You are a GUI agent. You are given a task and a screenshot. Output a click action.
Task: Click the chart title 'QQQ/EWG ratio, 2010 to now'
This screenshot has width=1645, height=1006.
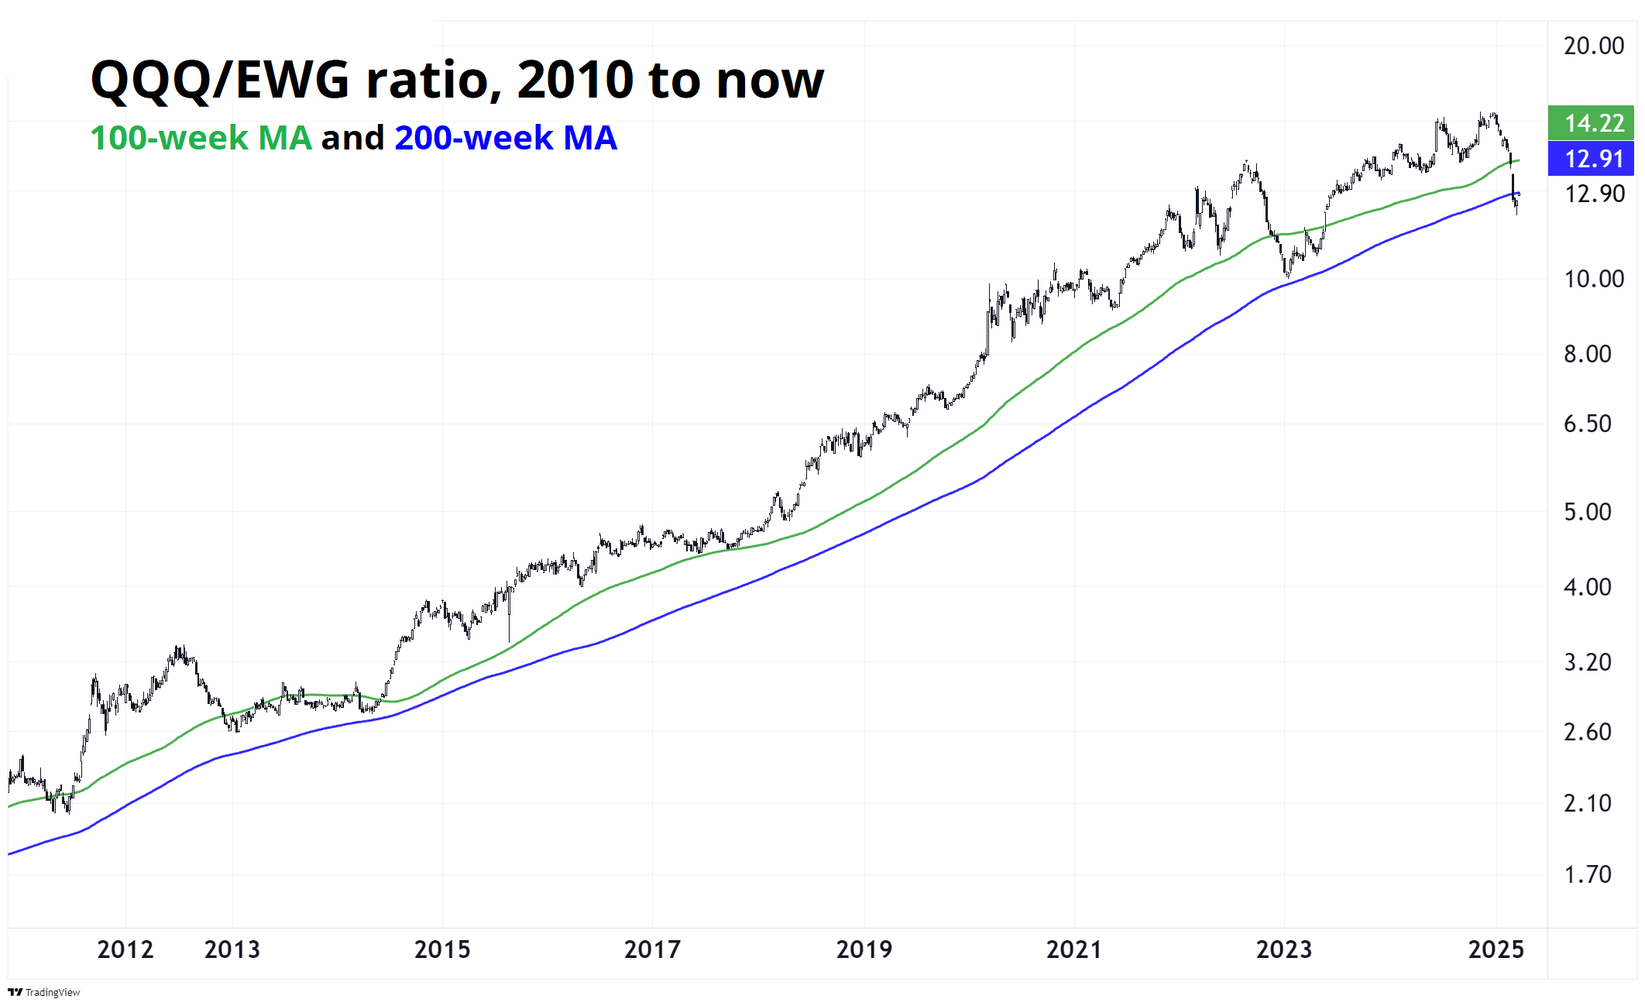457,80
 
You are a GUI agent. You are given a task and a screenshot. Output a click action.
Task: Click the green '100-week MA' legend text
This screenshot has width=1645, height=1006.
201,139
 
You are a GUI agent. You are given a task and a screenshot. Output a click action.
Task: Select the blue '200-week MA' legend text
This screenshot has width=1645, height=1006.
506,139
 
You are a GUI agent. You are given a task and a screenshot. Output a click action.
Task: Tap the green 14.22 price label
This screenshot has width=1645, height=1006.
1593,123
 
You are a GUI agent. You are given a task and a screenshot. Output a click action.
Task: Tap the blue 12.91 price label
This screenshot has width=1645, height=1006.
1593,159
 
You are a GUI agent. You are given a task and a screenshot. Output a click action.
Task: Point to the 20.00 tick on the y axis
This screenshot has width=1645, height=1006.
1593,46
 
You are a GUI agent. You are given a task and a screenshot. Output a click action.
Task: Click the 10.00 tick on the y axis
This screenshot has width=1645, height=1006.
1593,279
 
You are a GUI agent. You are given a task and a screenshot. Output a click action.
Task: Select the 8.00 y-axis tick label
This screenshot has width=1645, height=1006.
1587,354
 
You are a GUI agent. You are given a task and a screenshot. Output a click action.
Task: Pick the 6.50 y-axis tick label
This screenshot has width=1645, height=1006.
1587,424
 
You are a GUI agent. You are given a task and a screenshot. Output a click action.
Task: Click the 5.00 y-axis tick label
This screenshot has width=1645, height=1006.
1587,512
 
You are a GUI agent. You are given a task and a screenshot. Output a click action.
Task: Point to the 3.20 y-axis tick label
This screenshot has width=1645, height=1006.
1587,662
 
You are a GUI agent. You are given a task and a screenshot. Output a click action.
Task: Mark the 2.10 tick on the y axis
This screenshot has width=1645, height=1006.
1587,803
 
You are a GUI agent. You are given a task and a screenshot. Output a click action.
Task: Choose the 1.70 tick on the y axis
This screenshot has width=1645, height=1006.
1587,874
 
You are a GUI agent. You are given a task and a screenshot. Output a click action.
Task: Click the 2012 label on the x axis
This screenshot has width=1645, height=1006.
125,949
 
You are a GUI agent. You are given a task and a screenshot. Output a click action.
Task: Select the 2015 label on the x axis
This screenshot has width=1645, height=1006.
442,949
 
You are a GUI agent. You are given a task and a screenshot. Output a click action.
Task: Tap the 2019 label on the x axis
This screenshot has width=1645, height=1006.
864,949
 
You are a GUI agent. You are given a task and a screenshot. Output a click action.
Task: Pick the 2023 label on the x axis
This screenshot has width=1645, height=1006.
1284,949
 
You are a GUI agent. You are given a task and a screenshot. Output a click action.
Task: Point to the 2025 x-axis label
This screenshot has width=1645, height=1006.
1496,949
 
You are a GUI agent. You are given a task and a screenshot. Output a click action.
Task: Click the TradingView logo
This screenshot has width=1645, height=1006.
44,992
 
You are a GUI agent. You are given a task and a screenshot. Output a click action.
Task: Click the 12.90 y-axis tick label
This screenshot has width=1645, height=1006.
1594,194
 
